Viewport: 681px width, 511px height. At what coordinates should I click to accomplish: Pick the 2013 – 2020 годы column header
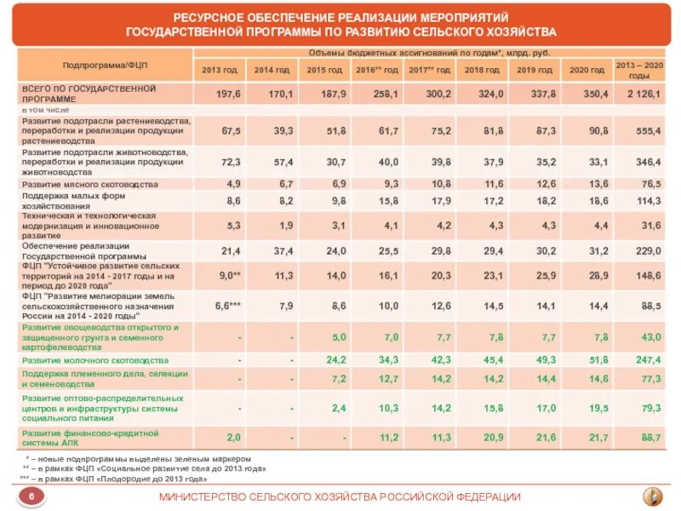click(x=638, y=69)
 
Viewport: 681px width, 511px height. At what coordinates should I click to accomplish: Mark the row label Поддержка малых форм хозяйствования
click(x=76, y=200)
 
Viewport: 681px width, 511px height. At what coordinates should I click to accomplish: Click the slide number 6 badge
click(x=31, y=497)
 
